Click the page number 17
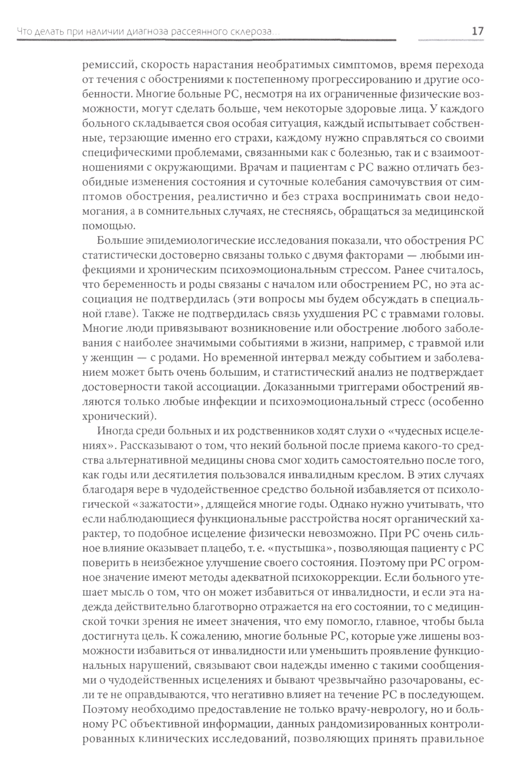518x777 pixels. (x=478, y=32)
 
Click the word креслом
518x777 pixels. (x=391, y=474)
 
